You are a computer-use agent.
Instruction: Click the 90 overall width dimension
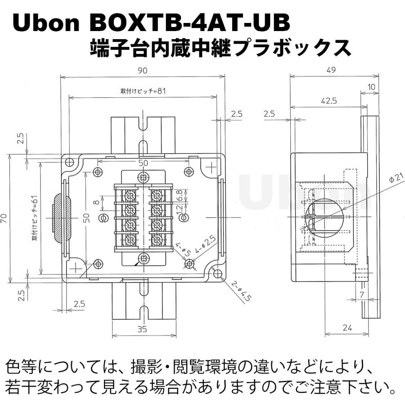pos(143,71)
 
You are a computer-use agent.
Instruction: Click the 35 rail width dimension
pos(142,329)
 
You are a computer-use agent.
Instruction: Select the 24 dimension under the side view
pos(346,328)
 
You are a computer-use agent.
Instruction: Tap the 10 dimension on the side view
pos(371,86)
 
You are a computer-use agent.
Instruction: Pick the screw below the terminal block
pos(144,259)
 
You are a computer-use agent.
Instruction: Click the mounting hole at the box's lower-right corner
pos(217,274)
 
